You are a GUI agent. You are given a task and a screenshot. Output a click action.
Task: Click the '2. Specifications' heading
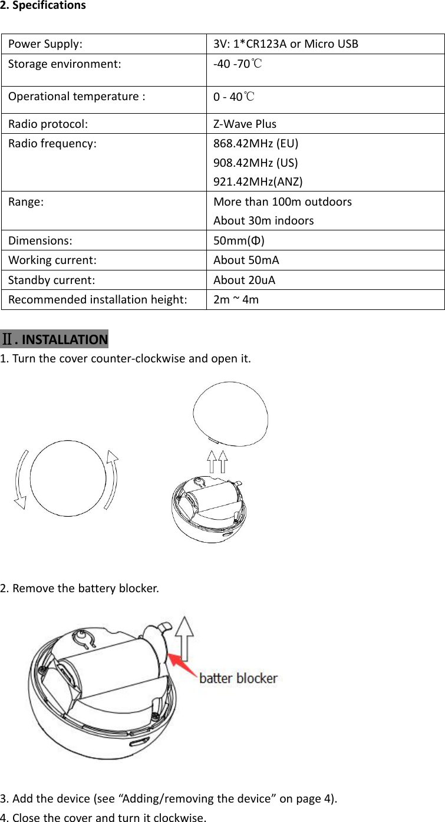[x=43, y=6]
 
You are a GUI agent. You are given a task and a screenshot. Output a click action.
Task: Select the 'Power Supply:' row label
[x=45, y=44]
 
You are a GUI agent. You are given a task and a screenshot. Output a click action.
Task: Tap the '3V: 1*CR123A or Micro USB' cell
[x=285, y=44]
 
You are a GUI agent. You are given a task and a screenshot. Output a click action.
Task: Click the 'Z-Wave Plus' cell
[x=245, y=124]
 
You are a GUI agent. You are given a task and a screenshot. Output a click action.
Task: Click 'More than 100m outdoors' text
[x=282, y=202]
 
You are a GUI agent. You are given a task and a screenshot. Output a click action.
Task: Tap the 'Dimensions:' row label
[x=40, y=240]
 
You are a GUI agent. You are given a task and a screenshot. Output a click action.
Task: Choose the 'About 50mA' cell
[x=246, y=260]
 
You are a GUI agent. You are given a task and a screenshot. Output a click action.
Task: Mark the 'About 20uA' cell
[x=244, y=279]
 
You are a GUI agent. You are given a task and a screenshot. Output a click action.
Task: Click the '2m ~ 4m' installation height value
[x=235, y=299]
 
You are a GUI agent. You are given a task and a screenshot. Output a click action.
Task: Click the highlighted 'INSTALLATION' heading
[x=64, y=339]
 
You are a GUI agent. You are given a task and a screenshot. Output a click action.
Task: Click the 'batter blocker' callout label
[x=238, y=678]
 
